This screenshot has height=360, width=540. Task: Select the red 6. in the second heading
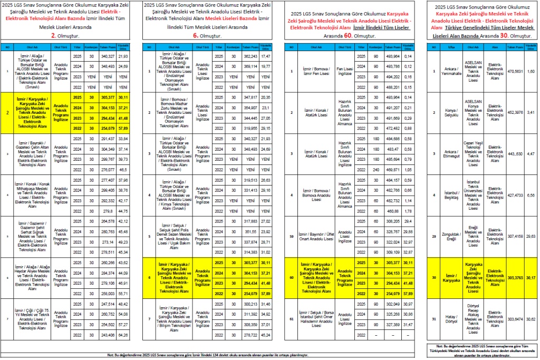[195, 36]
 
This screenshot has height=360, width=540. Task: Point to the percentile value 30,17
[531, 278]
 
